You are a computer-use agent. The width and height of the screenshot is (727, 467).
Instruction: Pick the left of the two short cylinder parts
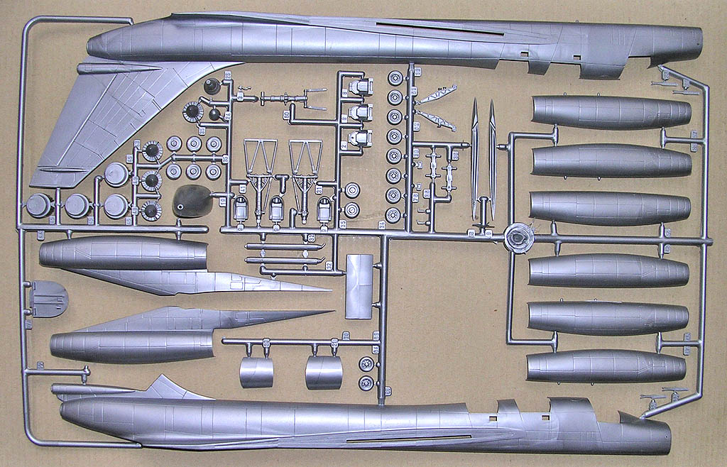pyautogui.click(x=256, y=372)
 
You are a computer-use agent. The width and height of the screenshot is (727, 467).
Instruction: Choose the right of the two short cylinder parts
pyautogui.click(x=324, y=372)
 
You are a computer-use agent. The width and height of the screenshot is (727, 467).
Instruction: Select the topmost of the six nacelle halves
pyautogui.click(x=611, y=112)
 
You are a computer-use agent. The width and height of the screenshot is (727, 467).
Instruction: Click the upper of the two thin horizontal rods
pyautogui.click(x=284, y=247)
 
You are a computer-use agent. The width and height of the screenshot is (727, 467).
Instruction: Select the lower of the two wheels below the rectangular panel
pyautogui.click(x=366, y=384)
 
